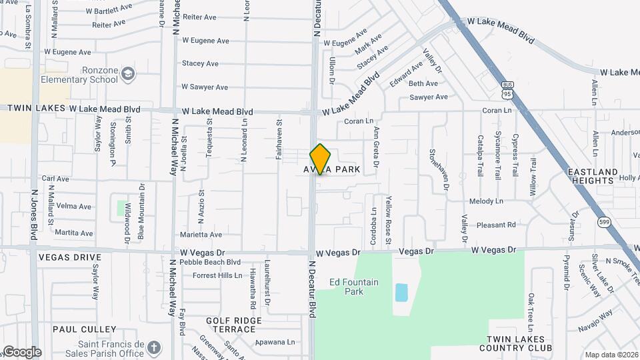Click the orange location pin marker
click(x=320, y=159)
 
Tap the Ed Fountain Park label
click(x=354, y=287)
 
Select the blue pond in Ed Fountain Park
click(x=401, y=292)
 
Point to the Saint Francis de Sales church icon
click(x=154, y=348)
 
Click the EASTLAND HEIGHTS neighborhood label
click(x=593, y=177)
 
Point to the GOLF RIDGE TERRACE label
click(x=234, y=325)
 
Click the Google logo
click(x=21, y=352)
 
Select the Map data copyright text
click(x=611, y=355)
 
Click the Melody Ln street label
click(x=486, y=201)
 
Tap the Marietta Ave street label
click(x=201, y=235)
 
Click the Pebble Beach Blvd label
click(x=210, y=262)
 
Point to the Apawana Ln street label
click(x=277, y=342)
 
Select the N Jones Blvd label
click(x=34, y=213)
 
